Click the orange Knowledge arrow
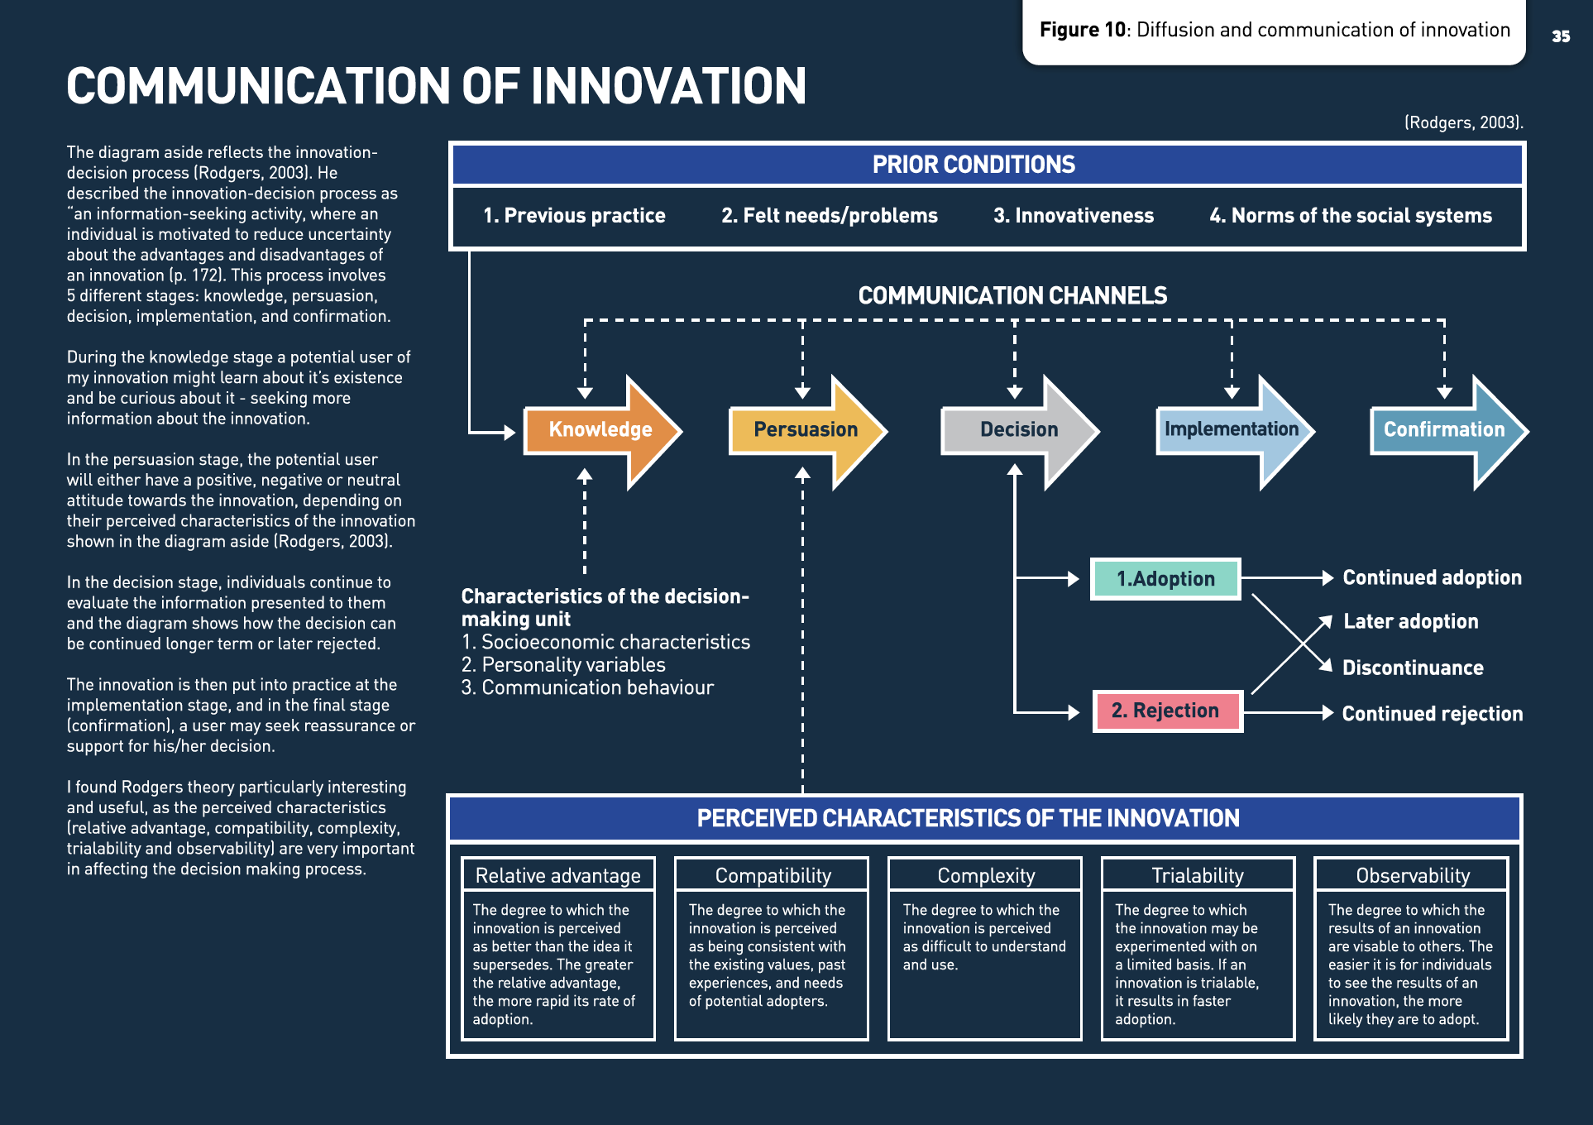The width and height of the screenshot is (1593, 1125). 600,430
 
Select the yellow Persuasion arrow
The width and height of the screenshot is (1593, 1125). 806,430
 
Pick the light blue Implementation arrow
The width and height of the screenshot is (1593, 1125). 1232,430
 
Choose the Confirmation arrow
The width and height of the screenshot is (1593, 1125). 1444,430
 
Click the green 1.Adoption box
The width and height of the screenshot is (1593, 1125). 1165,579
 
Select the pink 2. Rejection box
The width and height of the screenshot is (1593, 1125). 1166,711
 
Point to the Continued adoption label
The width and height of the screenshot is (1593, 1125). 1432,578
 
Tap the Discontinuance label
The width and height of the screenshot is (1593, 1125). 1413,668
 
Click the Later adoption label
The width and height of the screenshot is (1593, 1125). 1410,622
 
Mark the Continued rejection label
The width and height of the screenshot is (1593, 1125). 1432,714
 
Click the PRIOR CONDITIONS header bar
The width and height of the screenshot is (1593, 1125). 973,165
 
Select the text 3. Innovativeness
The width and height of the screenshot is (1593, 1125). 1073,216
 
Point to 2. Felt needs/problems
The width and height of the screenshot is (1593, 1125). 829,216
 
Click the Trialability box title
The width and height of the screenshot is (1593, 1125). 1198,875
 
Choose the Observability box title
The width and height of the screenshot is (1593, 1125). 1413,875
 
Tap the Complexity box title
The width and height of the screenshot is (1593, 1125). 986,875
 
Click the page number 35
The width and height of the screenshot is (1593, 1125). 1561,36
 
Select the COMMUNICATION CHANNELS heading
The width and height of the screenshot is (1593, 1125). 1012,295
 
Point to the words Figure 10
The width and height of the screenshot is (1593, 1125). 1082,31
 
